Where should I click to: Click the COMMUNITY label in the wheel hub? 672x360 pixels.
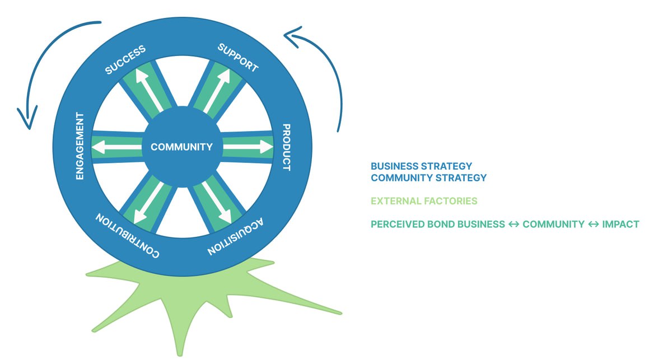tap(181, 147)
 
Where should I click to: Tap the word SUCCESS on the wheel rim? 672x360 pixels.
tap(125, 59)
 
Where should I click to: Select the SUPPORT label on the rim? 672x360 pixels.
tap(238, 57)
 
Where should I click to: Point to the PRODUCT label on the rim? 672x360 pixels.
tap(287, 147)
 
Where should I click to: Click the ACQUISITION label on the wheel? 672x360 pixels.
tap(236, 237)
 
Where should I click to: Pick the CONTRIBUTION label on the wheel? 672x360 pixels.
tap(127, 236)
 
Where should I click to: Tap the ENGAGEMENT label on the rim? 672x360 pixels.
tap(80, 146)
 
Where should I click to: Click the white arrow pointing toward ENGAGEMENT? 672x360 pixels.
tap(116, 147)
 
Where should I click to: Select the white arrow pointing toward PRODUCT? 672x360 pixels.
tap(248, 147)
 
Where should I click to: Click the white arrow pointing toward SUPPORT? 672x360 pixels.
tap(217, 91)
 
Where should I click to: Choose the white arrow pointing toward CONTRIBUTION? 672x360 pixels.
tap(148, 203)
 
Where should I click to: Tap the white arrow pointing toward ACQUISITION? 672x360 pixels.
tap(217, 203)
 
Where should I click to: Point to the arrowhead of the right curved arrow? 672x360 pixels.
tap(292, 36)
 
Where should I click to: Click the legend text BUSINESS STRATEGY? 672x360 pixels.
tap(422, 166)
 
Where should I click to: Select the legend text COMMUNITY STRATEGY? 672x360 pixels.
tap(429, 178)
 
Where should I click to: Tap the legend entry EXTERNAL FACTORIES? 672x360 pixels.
tap(424, 201)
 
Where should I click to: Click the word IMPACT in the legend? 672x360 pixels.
tap(620, 225)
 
